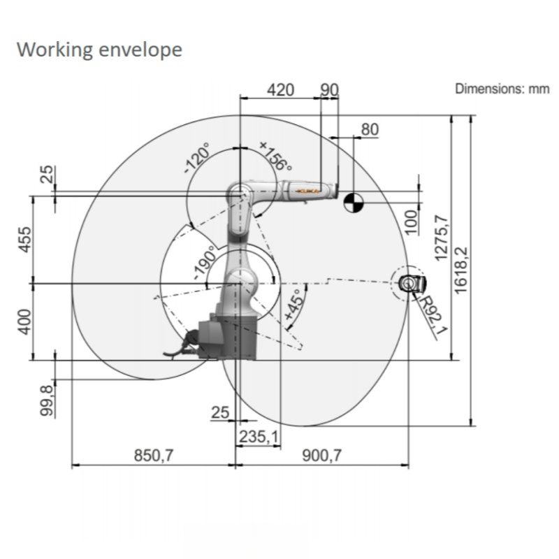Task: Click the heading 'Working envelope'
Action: point(99,49)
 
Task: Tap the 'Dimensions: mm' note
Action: point(502,89)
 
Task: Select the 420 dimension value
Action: point(281,90)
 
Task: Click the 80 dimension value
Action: point(370,129)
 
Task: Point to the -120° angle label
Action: point(197,158)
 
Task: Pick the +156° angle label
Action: point(275,156)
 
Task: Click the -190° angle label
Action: point(205,263)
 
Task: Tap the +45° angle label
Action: point(295,304)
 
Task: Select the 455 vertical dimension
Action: point(25,240)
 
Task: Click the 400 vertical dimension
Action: point(25,322)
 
